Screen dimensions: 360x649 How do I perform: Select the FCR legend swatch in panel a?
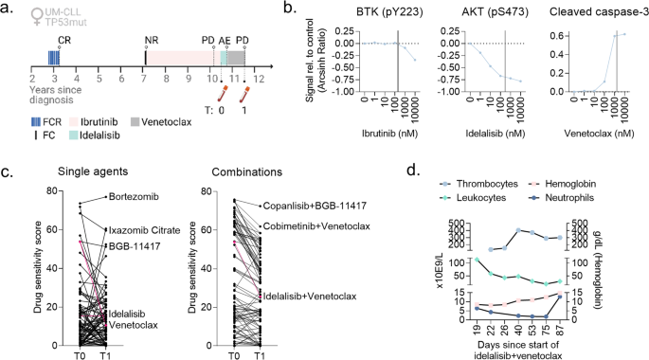(39, 120)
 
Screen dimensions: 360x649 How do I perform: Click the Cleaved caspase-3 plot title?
(588, 10)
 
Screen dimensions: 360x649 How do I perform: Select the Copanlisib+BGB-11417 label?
(313, 205)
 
